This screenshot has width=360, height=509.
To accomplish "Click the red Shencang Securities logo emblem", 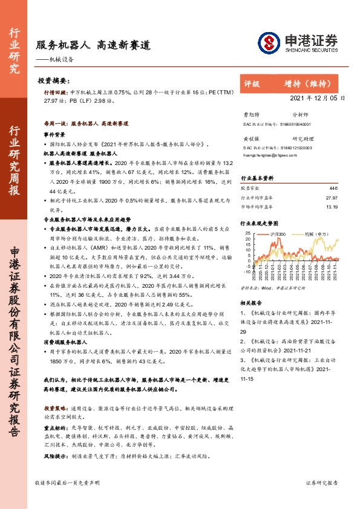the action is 268,42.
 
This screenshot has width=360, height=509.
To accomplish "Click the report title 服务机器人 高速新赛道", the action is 93,45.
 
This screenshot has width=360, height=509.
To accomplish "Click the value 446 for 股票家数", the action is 333,189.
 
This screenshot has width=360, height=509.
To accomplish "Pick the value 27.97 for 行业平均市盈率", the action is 331,197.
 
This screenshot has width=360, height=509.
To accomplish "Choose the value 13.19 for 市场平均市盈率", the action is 331,206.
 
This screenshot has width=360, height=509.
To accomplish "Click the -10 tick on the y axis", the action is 247,271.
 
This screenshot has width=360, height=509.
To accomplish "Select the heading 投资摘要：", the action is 54,80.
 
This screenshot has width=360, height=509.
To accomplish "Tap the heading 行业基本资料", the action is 258,179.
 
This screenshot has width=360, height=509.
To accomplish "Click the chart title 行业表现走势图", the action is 260,223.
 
